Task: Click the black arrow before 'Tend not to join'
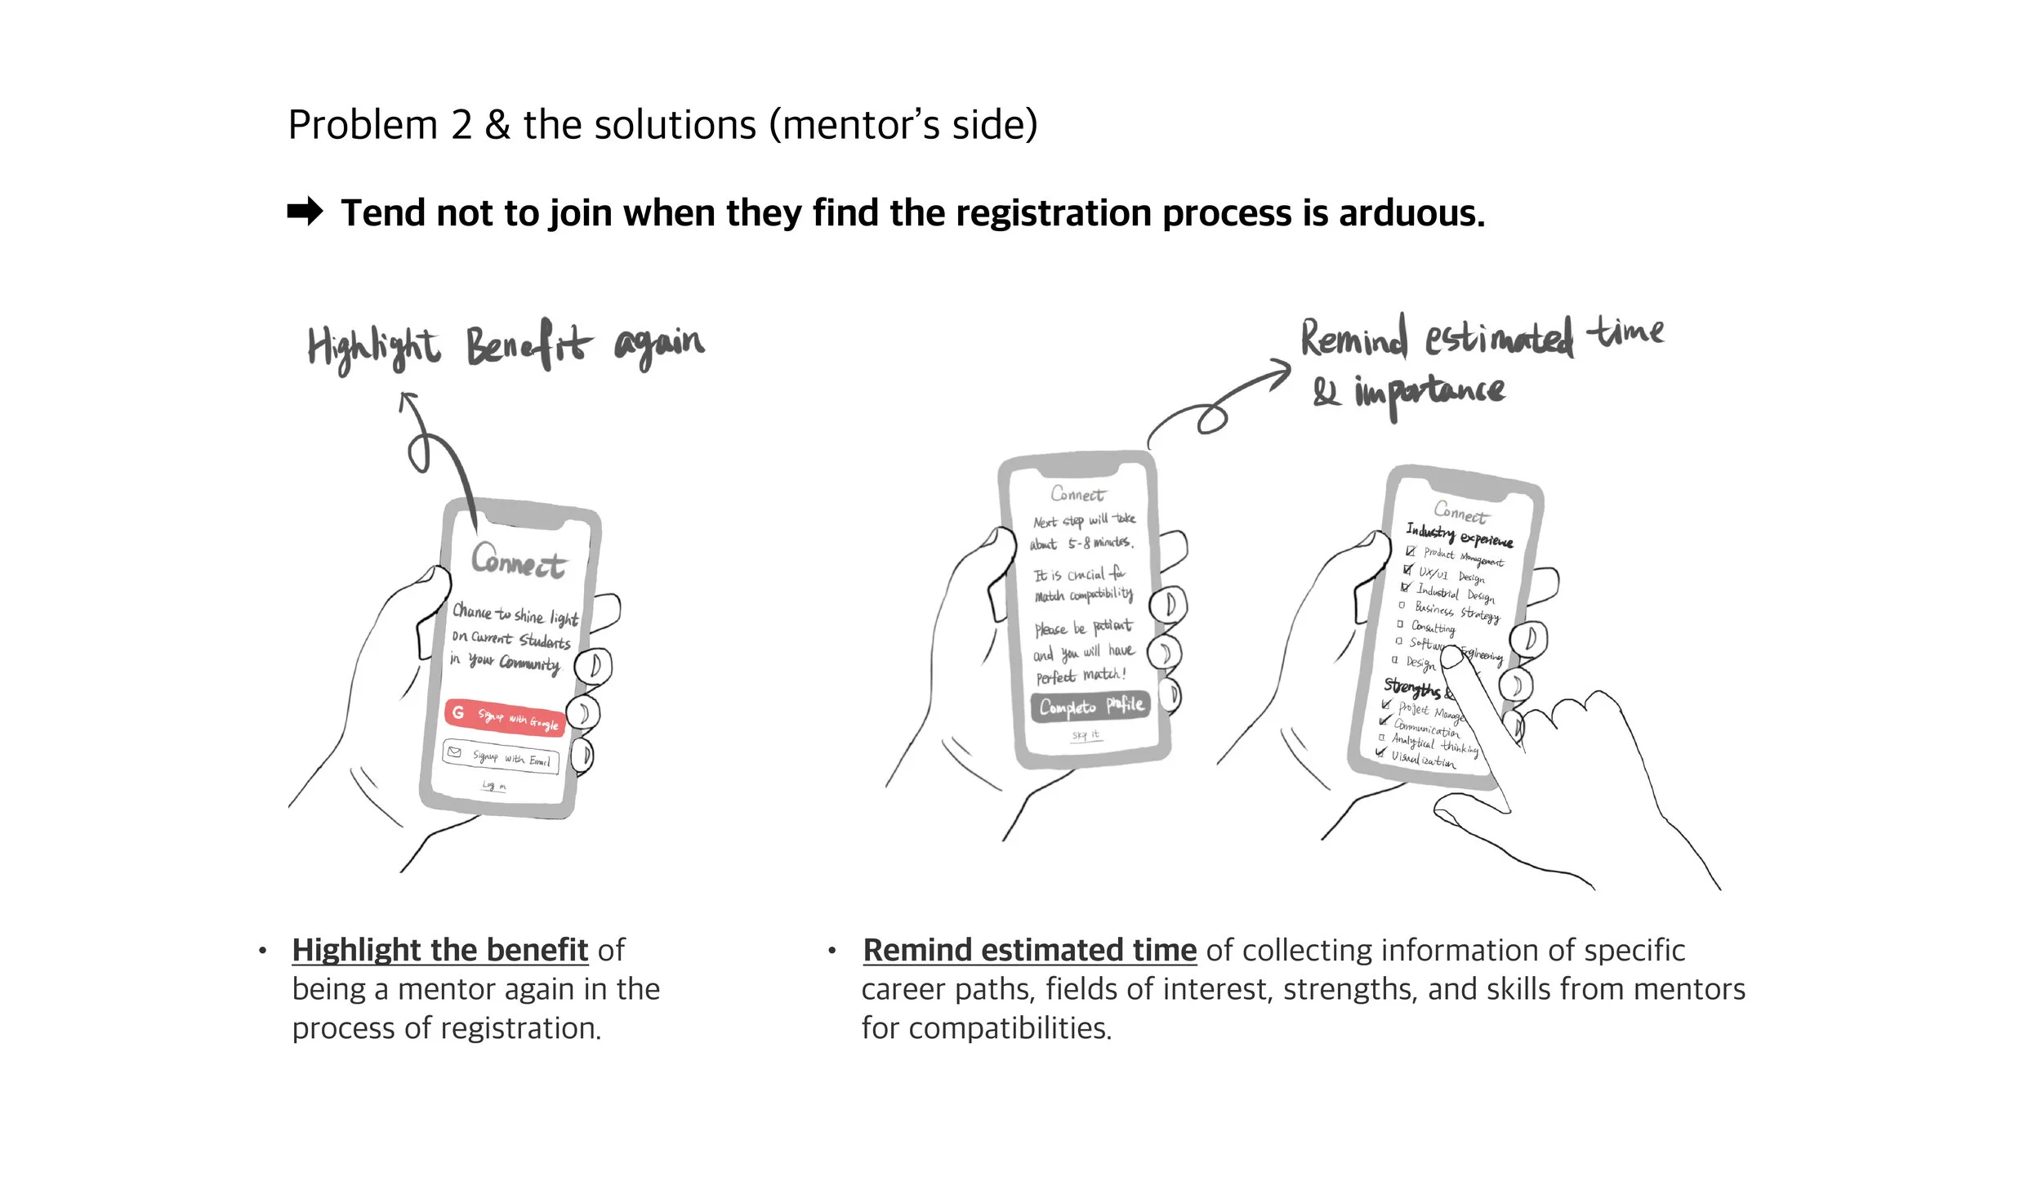305,212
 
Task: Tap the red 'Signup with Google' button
505,716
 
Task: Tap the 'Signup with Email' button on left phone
502,756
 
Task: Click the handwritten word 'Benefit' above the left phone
528,345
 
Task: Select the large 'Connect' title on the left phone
519,561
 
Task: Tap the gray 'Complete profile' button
1090,706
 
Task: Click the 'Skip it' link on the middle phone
1086,735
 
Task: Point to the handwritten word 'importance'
1429,393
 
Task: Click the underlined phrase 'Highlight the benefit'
439,950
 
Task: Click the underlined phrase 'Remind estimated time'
1029,950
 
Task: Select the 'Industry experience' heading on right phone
1459,535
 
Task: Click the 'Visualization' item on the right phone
1423,759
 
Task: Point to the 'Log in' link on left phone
493,786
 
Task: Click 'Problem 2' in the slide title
380,125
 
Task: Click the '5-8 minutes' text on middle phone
1099,542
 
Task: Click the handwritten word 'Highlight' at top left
373,348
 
